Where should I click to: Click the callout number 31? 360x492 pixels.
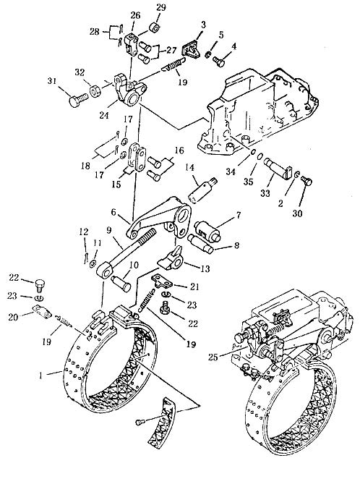coord(52,81)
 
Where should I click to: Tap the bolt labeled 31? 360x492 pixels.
coord(78,99)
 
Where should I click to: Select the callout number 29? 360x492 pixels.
coord(161,8)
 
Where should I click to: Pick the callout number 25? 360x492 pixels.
coord(213,357)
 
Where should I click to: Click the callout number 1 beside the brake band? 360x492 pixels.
coord(40,376)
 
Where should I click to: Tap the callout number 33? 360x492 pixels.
coord(265,193)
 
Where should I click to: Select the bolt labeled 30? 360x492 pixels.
coord(306,180)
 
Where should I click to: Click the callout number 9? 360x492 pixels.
coord(109,231)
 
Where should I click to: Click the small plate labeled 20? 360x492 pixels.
coord(42,312)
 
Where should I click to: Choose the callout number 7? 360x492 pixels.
coord(239,216)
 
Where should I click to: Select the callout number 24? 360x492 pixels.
coord(104,115)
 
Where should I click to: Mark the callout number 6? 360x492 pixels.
coord(113,213)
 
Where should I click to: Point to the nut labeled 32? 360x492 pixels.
coord(95,90)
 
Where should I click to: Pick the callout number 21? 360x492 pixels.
coord(194,287)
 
